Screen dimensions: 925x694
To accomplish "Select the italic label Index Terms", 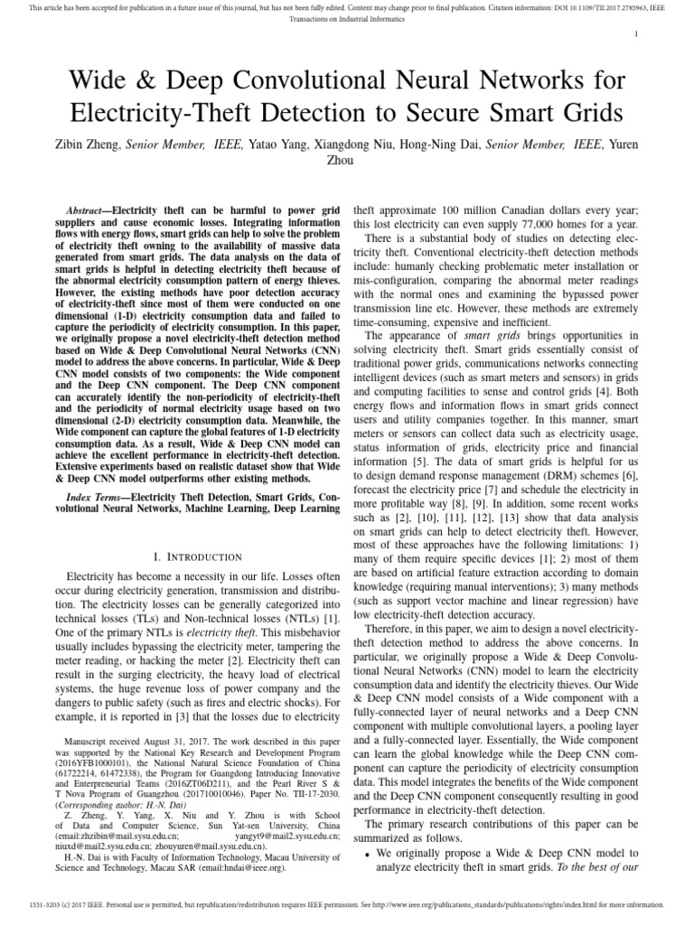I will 98,498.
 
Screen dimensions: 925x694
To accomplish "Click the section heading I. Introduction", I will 193,556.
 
